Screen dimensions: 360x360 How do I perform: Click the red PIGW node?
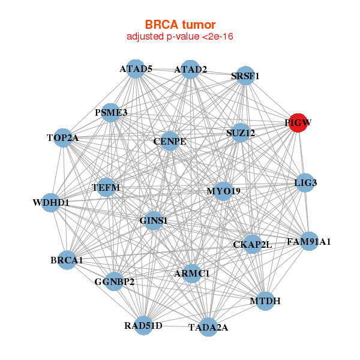click(298, 123)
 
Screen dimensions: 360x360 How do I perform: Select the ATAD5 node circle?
click(136, 69)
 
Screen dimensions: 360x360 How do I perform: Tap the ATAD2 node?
click(190, 70)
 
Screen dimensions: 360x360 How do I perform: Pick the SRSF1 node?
click(245, 76)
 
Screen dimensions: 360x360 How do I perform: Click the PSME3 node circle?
click(111, 112)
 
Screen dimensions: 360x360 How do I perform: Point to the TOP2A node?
click(63, 137)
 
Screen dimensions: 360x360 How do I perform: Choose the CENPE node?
click(170, 142)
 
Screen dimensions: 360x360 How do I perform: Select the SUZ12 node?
click(241, 132)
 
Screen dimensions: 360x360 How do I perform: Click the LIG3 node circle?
click(305, 182)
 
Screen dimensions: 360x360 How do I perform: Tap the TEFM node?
click(106, 188)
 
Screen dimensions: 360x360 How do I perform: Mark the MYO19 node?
click(223, 191)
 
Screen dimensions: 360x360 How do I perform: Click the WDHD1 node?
click(52, 202)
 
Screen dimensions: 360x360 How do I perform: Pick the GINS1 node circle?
click(154, 221)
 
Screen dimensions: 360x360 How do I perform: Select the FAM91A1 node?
click(308, 241)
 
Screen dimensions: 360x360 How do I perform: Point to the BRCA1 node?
click(67, 260)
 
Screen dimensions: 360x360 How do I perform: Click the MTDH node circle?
click(265, 300)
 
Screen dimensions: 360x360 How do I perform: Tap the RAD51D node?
click(143, 325)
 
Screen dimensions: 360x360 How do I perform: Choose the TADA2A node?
click(208, 327)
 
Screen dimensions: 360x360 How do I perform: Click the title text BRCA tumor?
click(180, 25)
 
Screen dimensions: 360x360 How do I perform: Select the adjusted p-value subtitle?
click(180, 37)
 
